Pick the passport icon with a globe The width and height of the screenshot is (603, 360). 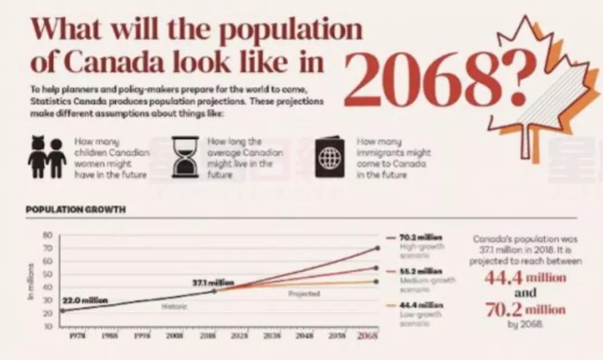[329, 158]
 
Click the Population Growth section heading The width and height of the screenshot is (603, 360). [75, 210]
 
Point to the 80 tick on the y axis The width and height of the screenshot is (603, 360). [49, 235]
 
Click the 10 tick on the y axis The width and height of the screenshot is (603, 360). [49, 325]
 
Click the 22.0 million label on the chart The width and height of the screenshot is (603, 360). [85, 301]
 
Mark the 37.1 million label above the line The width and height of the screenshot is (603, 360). [213, 282]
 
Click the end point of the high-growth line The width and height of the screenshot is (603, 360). [377, 248]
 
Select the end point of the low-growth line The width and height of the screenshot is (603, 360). [377, 281]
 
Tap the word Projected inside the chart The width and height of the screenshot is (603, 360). [304, 294]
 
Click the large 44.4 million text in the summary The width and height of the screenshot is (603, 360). [525, 277]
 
